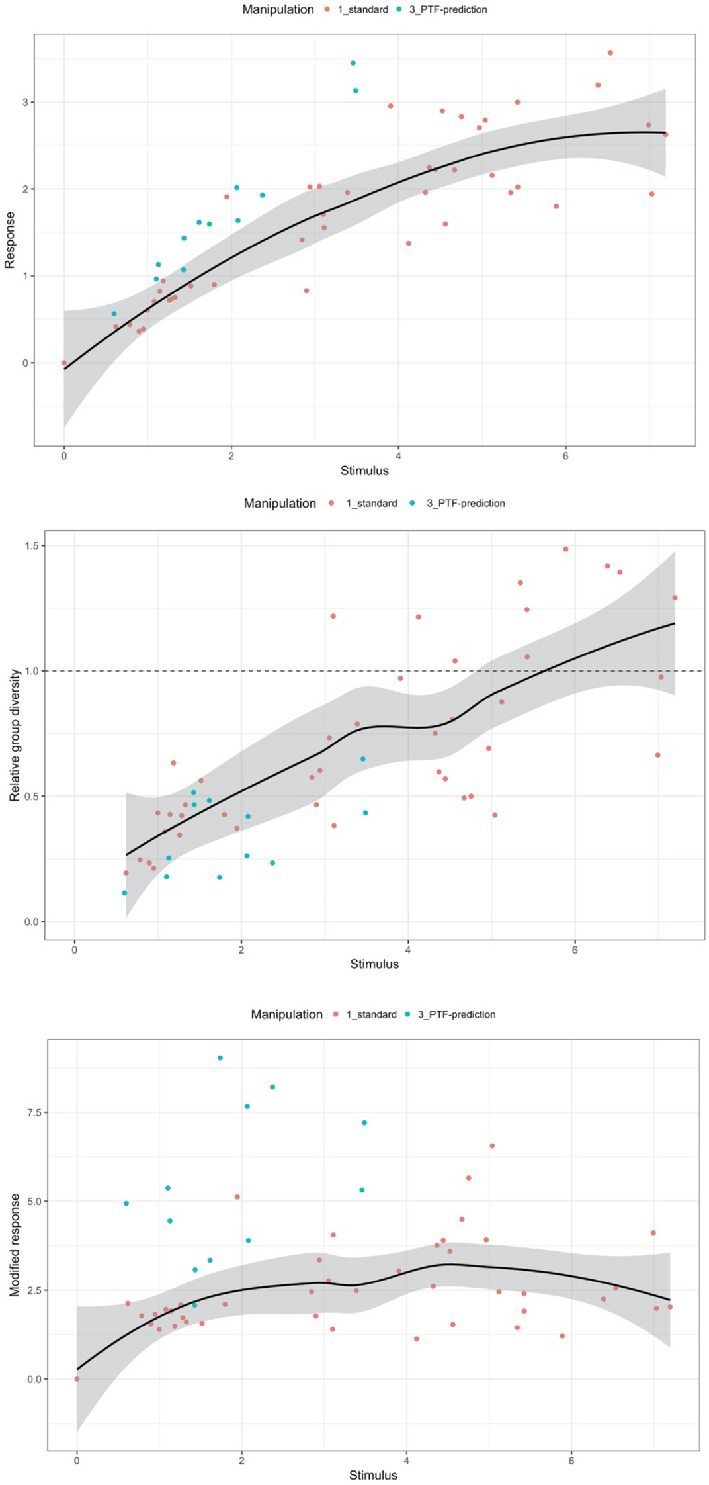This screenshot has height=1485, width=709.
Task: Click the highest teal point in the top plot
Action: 353,63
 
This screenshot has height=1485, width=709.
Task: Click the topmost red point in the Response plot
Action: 610,53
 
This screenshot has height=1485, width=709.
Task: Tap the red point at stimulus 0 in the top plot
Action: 64,363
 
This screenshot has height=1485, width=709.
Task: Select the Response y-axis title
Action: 10,240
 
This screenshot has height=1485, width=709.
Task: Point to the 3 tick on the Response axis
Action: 25,102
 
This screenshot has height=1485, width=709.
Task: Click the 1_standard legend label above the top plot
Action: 362,9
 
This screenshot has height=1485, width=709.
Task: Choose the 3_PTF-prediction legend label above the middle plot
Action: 466,503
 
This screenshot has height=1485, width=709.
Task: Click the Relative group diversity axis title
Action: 15,735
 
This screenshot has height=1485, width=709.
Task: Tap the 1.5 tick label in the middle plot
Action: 31,545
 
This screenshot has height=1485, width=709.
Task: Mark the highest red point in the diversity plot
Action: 565,549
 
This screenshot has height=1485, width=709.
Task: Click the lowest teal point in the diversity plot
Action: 124,893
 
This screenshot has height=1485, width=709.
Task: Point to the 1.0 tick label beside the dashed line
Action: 31,671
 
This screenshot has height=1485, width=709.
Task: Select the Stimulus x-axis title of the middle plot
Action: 374,964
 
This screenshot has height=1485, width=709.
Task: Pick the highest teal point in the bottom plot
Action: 220,1057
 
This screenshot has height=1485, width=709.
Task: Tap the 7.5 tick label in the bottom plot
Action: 34,1112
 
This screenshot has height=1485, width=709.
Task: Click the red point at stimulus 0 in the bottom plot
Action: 77,1379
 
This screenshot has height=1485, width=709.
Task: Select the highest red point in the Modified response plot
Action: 492,1146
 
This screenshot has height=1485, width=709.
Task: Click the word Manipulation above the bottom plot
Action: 286,1014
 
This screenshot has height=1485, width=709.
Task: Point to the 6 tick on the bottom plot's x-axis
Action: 571,1461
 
